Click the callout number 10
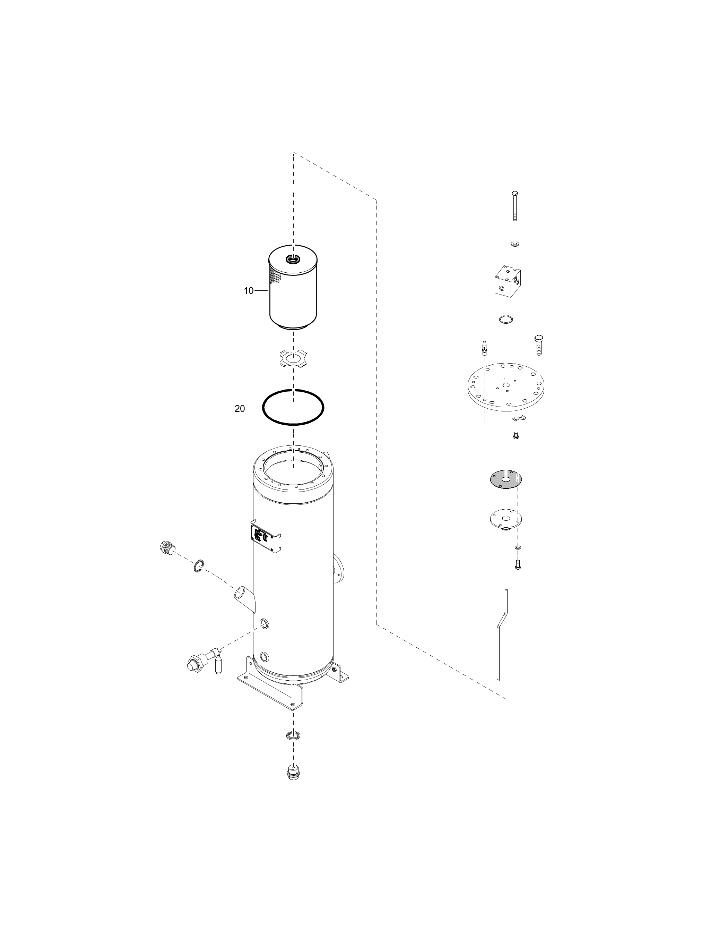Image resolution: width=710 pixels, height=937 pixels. (x=249, y=291)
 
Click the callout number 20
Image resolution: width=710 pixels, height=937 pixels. (x=240, y=409)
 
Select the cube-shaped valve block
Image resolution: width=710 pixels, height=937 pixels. (x=508, y=282)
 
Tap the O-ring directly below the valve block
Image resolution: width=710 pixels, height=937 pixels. (x=506, y=319)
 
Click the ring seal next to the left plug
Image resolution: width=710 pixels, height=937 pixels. (x=199, y=565)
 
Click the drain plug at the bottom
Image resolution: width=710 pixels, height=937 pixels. (x=293, y=772)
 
